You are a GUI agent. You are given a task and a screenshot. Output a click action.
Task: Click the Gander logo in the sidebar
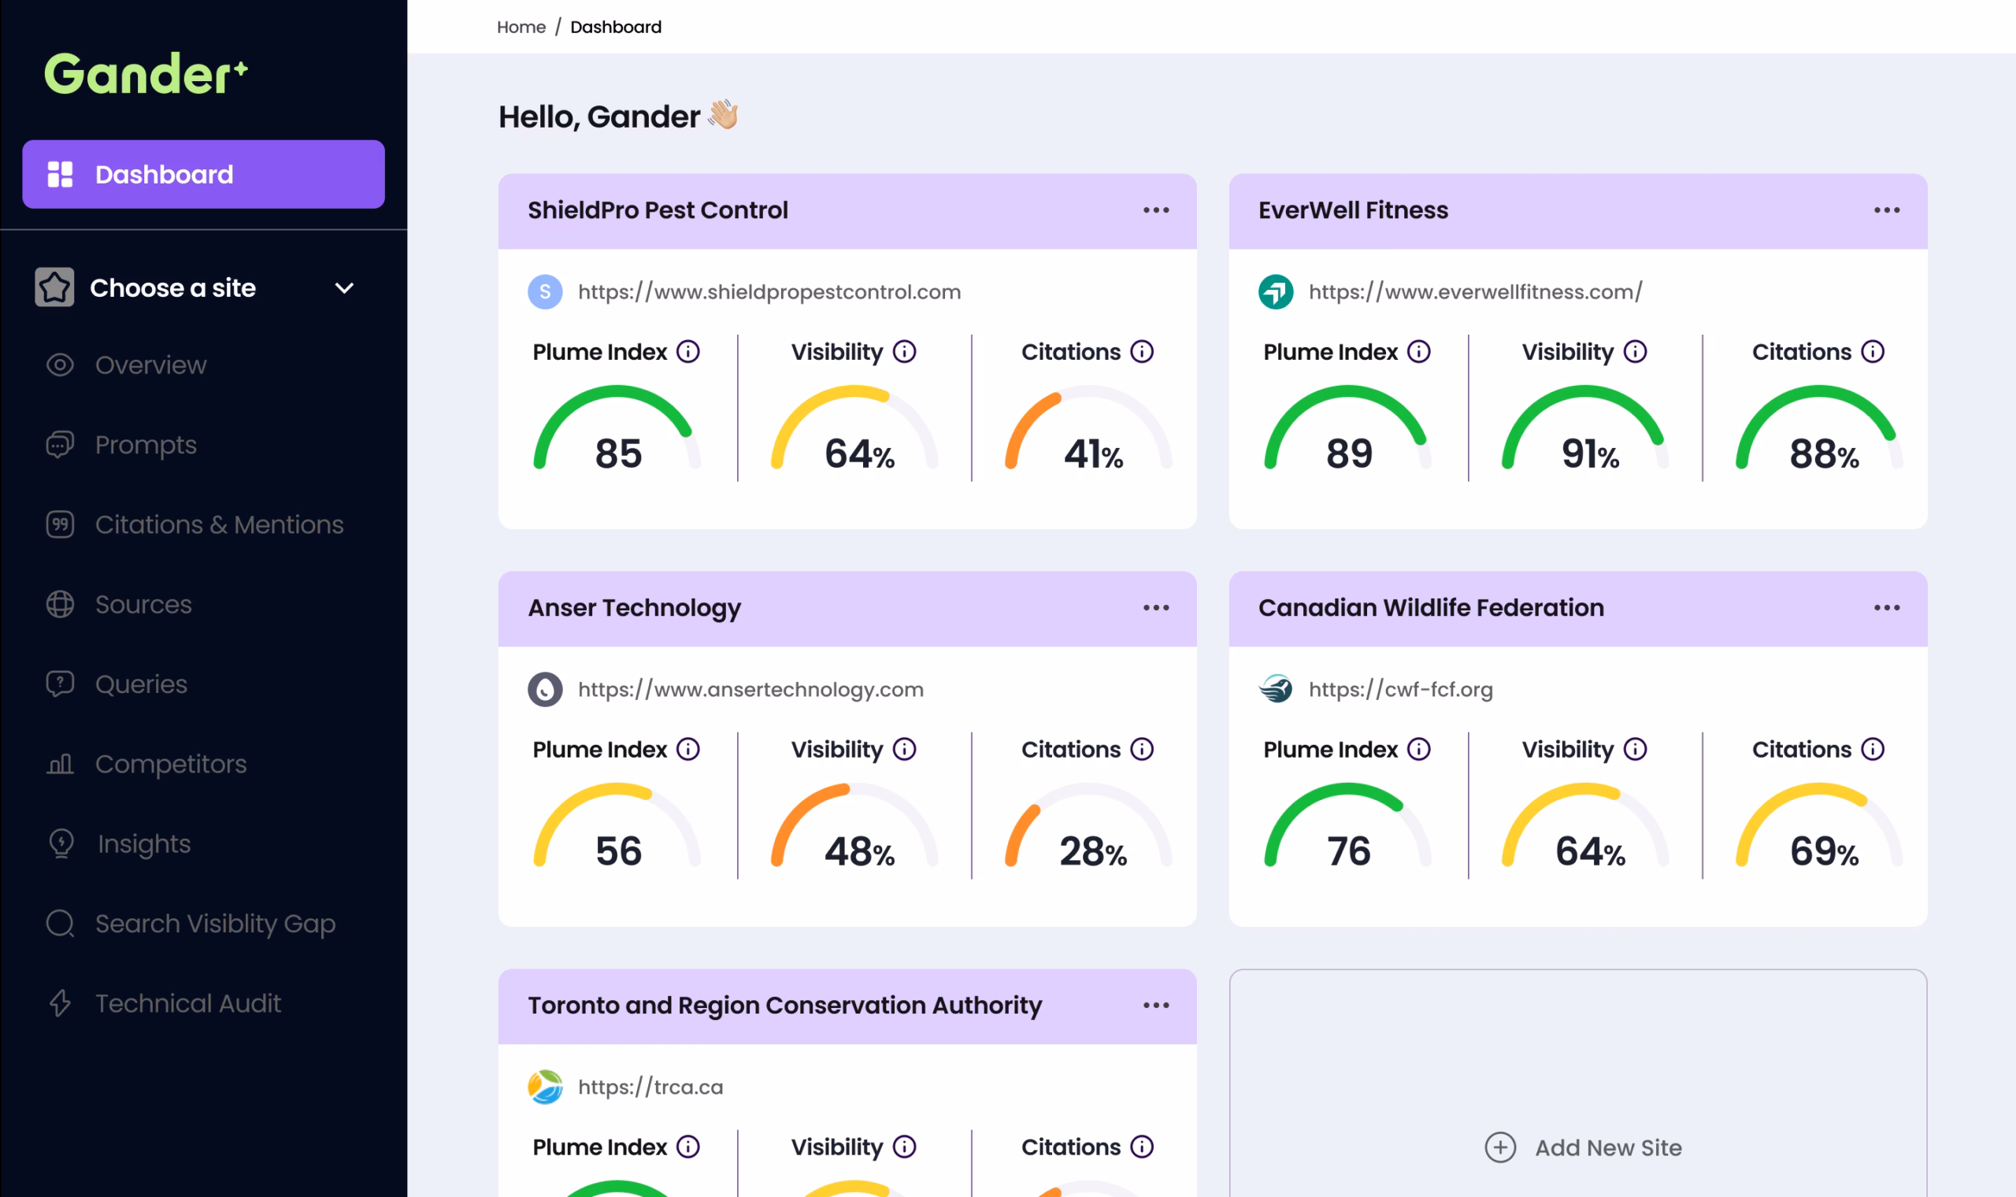point(146,74)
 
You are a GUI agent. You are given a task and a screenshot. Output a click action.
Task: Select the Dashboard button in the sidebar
point(203,174)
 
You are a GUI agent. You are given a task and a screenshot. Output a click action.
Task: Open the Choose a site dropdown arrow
point(344,288)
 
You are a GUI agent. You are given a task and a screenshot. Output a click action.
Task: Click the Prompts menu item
point(146,444)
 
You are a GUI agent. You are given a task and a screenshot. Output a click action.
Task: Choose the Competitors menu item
point(171,764)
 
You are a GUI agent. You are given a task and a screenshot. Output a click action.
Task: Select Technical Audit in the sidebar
point(188,1003)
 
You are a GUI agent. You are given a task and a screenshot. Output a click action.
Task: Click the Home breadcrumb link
point(521,28)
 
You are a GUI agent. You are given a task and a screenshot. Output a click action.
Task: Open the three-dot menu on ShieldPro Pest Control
point(1155,210)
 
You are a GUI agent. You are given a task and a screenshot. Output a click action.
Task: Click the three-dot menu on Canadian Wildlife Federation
point(1886,608)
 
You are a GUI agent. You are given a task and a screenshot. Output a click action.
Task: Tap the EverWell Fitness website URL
point(1475,292)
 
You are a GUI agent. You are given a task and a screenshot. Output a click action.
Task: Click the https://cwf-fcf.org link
point(1401,690)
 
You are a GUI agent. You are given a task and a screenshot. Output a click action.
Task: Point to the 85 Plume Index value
point(618,454)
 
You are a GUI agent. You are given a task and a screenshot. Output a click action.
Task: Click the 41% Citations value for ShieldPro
point(1094,454)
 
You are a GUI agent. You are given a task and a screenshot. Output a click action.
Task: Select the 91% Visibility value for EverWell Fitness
point(1590,454)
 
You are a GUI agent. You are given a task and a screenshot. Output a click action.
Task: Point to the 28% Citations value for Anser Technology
point(1093,852)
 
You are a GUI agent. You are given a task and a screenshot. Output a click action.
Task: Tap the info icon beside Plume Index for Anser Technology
point(687,750)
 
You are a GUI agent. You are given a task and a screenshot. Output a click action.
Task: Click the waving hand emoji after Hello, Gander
point(724,114)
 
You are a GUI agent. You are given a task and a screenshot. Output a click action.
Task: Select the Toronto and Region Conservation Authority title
point(784,1006)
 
